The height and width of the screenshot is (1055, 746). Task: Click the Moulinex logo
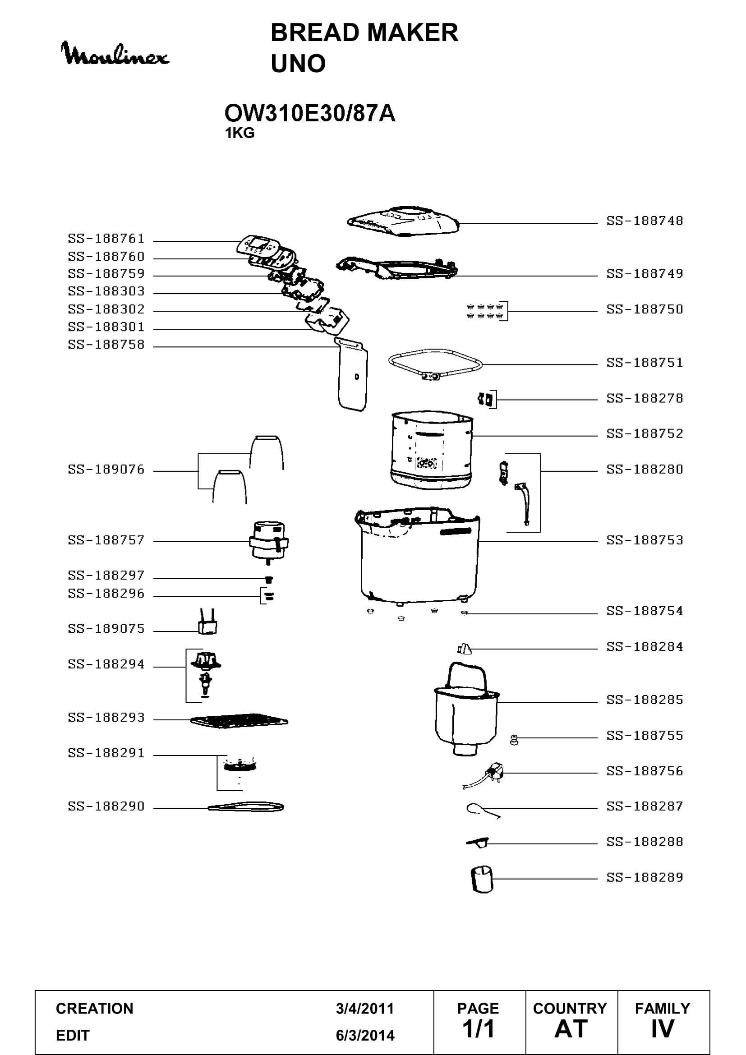pos(115,53)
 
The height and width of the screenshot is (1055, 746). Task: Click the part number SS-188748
pos(645,221)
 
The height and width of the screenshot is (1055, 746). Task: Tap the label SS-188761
pos(106,239)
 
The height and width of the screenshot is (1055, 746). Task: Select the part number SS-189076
pos(106,469)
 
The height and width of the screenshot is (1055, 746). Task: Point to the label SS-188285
pos(645,700)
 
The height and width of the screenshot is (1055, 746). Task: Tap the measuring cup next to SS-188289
pos(481,879)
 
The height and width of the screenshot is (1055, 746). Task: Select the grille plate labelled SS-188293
pos(239,720)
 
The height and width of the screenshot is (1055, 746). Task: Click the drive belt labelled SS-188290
pos(246,807)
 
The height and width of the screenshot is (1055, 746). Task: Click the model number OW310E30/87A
pos(309,113)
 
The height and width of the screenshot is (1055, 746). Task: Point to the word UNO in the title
pos(298,64)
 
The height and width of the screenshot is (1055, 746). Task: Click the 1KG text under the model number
pos(239,133)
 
